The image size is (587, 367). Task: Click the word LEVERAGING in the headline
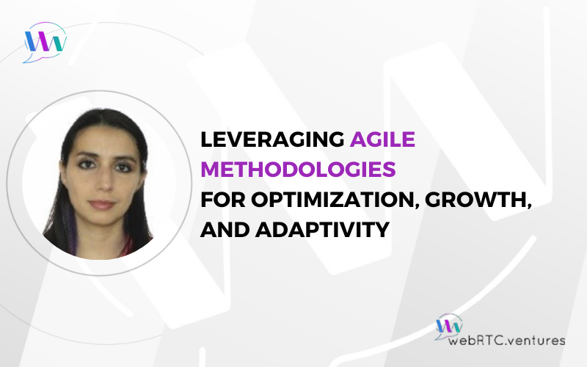[x=272, y=139]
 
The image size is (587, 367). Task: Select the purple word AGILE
[x=382, y=139]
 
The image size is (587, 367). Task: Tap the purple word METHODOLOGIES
[x=299, y=170]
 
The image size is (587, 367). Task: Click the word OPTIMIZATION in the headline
[x=335, y=200]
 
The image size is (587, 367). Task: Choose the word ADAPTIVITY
[x=323, y=230]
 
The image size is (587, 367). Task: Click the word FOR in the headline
[x=223, y=200]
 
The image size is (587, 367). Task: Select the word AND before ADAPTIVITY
[x=225, y=230]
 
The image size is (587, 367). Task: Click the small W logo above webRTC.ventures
[x=449, y=326]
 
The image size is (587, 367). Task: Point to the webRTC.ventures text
[x=506, y=341]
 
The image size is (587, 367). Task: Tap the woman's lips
[x=102, y=205]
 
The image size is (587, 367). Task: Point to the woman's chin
[x=101, y=222]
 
